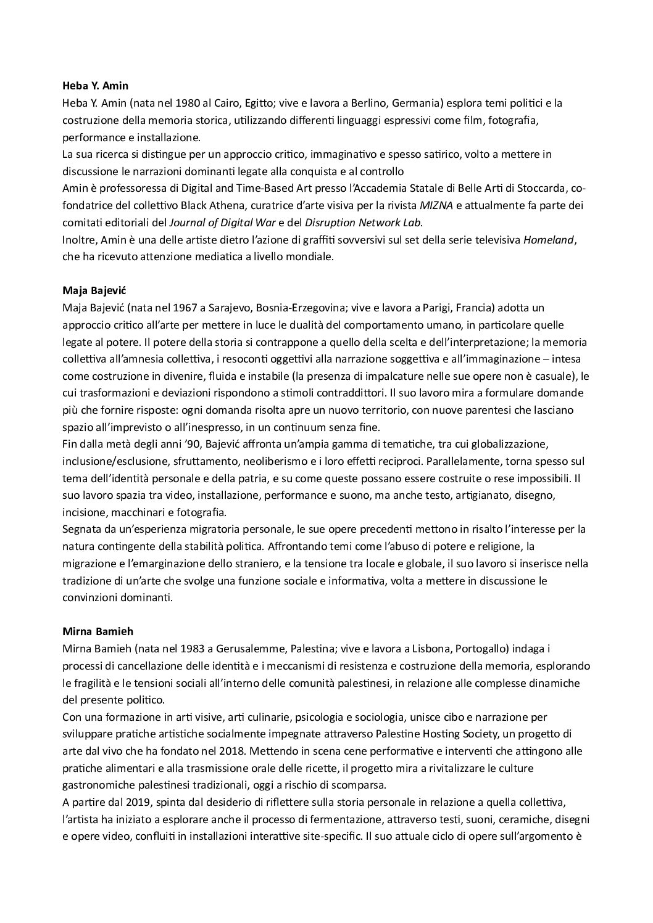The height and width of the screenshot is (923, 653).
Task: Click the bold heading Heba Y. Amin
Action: point(96,86)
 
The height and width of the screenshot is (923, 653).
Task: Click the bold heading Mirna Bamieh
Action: point(98,631)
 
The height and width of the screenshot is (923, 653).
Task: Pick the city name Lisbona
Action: point(399,649)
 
